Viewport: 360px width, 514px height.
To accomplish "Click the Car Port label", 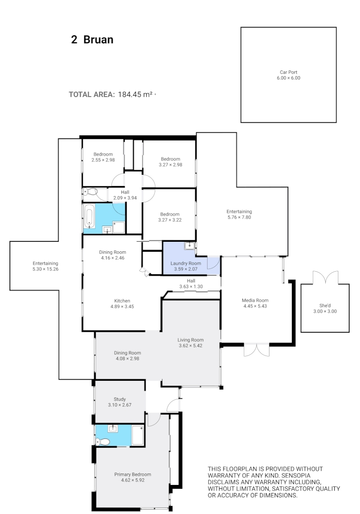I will pos(289,72).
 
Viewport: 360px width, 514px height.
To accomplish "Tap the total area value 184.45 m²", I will pos(135,94).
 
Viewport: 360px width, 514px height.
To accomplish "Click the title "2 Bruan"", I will pos(92,40).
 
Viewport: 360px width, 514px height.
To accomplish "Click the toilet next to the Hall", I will pos(90,192).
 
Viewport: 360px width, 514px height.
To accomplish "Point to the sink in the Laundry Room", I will pos(190,246).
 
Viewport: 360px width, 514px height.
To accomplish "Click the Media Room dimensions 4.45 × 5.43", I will pos(255,306).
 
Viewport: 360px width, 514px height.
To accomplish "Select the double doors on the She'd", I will pos(326,277).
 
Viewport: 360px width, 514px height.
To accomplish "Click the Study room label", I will pos(120,399).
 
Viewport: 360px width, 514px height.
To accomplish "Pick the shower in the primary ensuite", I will pos(138,435).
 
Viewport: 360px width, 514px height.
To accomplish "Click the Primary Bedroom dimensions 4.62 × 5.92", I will pos(132,480).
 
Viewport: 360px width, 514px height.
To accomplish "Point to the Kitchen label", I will pos(122,301).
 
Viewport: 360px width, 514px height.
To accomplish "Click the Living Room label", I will pos(190,340).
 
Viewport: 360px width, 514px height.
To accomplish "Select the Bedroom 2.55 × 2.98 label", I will pos(103,154).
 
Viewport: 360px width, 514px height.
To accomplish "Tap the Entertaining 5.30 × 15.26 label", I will pos(45,263).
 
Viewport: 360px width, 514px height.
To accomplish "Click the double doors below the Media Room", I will pos(256,350).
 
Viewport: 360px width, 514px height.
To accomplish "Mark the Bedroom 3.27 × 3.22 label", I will pos(170,214).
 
